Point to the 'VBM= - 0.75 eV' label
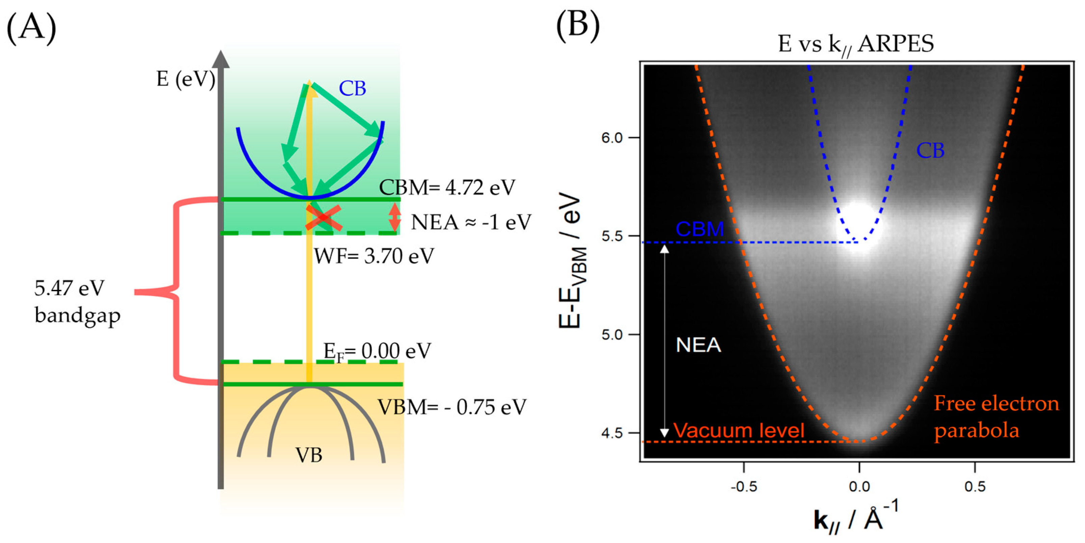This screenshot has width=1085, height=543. [x=452, y=407]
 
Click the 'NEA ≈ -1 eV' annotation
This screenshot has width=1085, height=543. [x=471, y=222]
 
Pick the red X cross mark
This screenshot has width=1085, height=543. [x=324, y=218]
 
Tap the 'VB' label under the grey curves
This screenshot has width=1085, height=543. [x=309, y=455]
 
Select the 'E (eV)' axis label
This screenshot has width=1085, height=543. [x=186, y=79]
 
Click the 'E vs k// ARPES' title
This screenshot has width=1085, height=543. [x=855, y=44]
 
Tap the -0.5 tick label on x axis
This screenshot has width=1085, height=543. [x=744, y=487]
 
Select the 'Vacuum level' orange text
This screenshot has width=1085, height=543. [x=739, y=430]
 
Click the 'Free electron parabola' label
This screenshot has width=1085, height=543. [x=996, y=417]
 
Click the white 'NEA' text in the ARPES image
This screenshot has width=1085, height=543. [x=698, y=345]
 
